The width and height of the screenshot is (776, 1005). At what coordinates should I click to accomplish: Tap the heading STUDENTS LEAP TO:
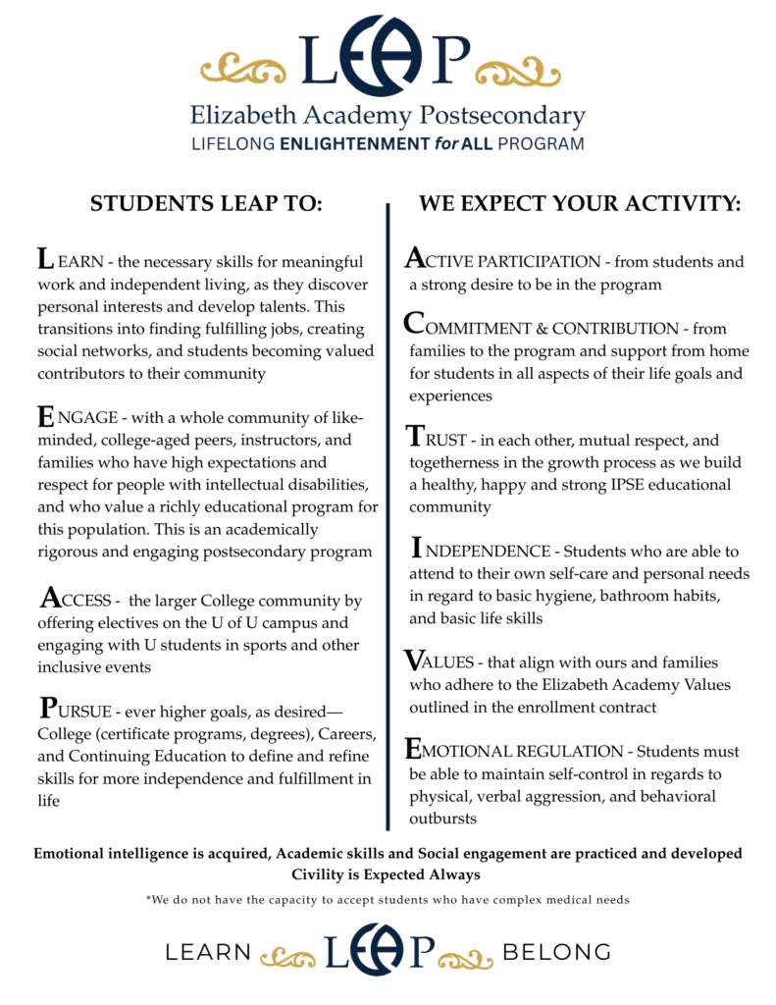[x=206, y=204]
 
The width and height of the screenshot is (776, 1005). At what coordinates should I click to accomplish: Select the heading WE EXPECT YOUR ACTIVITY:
[x=580, y=204]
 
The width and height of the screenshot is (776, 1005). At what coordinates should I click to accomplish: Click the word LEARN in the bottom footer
[x=208, y=952]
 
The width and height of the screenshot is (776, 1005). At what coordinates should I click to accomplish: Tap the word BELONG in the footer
[x=556, y=952]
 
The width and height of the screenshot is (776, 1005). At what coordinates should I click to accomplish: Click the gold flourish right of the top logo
[x=530, y=70]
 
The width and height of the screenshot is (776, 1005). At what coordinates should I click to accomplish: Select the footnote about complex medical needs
[x=388, y=900]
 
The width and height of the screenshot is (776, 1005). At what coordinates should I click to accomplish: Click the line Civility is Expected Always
[x=388, y=873]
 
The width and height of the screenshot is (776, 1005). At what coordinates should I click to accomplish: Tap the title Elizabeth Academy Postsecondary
[x=388, y=117]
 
